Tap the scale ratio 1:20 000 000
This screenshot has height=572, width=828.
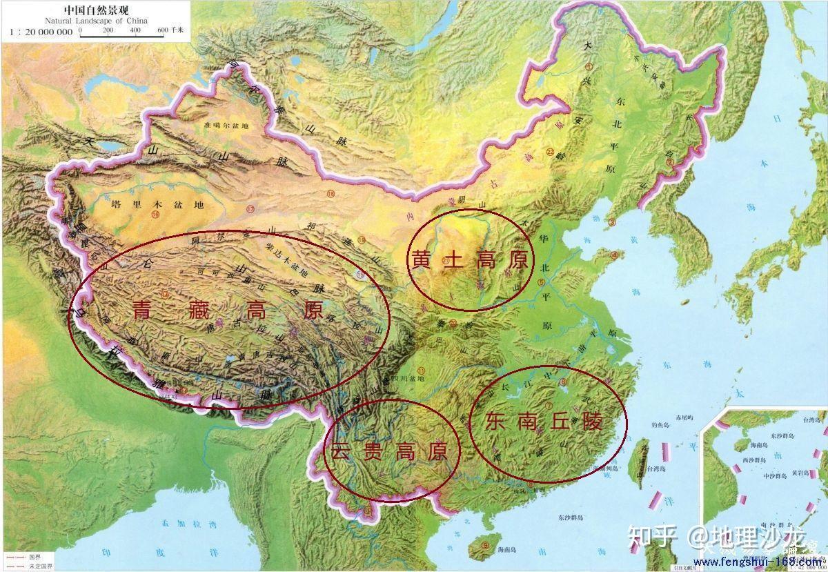(x=40, y=32)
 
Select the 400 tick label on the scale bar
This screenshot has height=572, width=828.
(x=135, y=30)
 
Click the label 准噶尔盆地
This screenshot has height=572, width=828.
(x=226, y=126)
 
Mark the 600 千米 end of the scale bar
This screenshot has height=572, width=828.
(x=168, y=30)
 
